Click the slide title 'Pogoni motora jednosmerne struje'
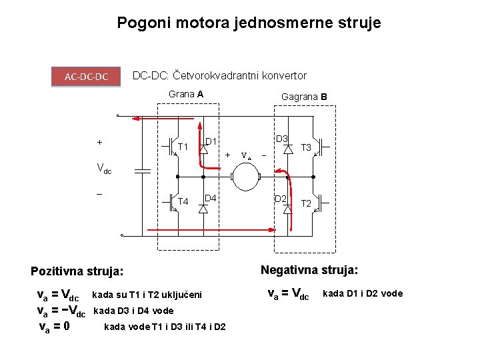tap(249, 23)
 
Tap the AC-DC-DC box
tap(87, 77)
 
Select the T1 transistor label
tap(183, 147)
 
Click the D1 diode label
tap(212, 142)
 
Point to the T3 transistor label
tap(308, 147)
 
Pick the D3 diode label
tap(281, 139)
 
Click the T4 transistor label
tap(183, 201)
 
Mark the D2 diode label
tap(281, 199)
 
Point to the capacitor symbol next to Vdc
tap(142, 171)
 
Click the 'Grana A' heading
tap(186, 94)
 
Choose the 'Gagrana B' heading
tap(304, 97)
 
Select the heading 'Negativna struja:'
tap(309, 270)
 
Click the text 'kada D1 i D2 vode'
tap(363, 293)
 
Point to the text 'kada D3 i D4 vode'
tap(133, 311)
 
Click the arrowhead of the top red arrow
tap(134, 119)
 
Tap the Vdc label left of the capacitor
tap(105, 170)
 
